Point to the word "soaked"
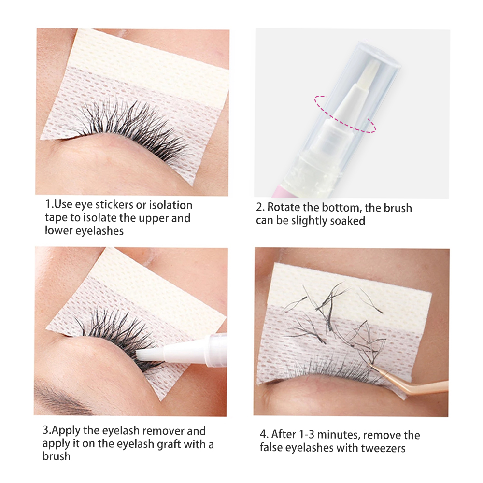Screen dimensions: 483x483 pos(346,221)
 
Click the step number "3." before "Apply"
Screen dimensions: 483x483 pos(47,430)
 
